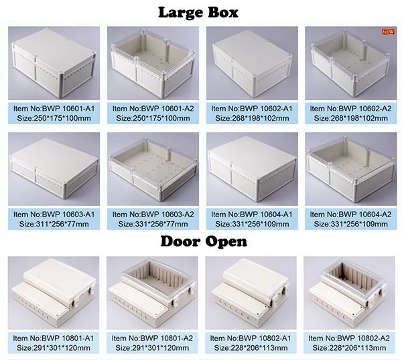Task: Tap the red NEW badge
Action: click(387, 32)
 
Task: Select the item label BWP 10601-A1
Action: click(52, 108)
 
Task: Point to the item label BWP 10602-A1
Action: click(251, 108)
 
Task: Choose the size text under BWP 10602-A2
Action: click(350, 118)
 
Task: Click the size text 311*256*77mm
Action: click(52, 224)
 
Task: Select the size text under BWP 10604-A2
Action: click(350, 224)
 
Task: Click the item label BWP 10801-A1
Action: click(52, 338)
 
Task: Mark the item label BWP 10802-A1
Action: click(251, 338)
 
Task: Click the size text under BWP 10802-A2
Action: click(350, 348)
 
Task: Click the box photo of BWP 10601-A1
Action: click(52, 64)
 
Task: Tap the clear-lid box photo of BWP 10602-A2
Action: click(350, 64)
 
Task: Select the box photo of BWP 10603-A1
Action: click(52, 170)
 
